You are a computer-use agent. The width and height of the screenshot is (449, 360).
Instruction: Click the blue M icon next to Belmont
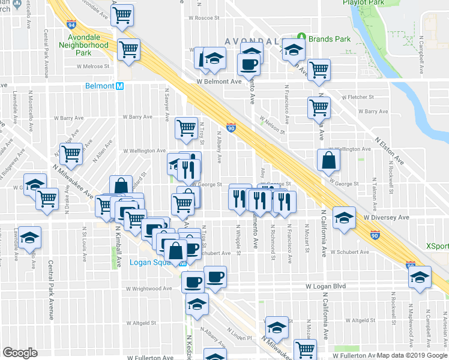click(120, 86)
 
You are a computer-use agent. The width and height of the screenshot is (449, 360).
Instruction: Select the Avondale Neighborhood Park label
click(83, 45)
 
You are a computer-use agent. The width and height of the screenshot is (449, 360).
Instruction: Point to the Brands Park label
click(329, 39)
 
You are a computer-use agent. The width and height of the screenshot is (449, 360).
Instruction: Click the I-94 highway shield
click(72, 25)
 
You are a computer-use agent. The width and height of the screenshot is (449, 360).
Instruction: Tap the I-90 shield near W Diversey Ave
click(376, 235)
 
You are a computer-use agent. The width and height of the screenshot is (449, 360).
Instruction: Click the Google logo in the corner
click(20, 353)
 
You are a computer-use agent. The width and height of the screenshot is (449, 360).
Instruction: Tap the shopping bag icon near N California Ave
click(328, 160)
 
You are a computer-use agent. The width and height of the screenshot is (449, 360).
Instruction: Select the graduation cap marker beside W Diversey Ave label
click(345, 218)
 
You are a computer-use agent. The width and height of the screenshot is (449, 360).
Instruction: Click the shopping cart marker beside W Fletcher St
click(319, 108)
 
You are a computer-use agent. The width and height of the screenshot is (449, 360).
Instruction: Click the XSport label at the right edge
click(436, 246)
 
